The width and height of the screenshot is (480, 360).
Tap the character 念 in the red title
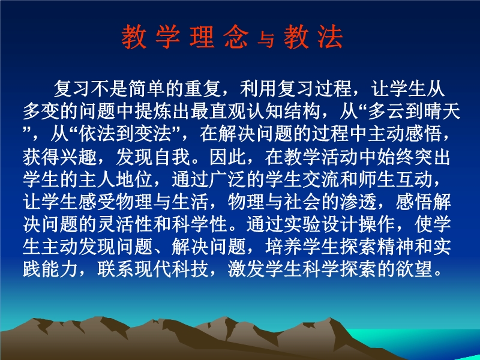236,37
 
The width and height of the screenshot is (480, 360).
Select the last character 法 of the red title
330,37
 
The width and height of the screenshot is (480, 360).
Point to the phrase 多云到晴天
414,112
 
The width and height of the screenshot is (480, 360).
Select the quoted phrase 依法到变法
125,134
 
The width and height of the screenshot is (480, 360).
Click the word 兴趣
79,157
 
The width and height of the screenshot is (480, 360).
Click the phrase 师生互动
395,179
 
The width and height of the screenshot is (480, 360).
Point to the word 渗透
358,202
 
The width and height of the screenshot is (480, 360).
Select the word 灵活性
125,224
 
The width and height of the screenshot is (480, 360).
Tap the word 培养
284,247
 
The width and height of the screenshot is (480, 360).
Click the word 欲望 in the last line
413,269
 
